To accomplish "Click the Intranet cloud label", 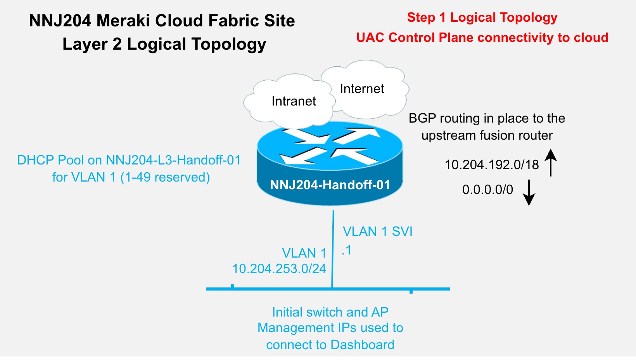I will pyautogui.click(x=294, y=101).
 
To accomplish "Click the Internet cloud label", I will pyautogui.click(x=362, y=89).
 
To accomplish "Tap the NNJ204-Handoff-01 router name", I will pyautogui.click(x=330, y=185).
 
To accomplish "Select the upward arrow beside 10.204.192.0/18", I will pyautogui.click(x=551, y=163).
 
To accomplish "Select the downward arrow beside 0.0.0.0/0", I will pyautogui.click(x=529, y=192).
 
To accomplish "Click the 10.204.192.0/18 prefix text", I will pyautogui.click(x=491, y=164).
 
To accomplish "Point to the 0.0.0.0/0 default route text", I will pyautogui.click(x=487, y=189).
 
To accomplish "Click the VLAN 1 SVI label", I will pyautogui.click(x=377, y=232).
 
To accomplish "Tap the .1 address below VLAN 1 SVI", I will pyautogui.click(x=347, y=250).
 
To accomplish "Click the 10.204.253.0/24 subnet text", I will pyautogui.click(x=279, y=268).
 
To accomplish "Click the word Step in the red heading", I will pyautogui.click(x=421, y=17).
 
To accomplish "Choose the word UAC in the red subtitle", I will pyautogui.click(x=370, y=38).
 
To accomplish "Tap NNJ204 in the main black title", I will pyautogui.click(x=60, y=21).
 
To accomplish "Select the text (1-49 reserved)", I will pyautogui.click(x=165, y=177).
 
